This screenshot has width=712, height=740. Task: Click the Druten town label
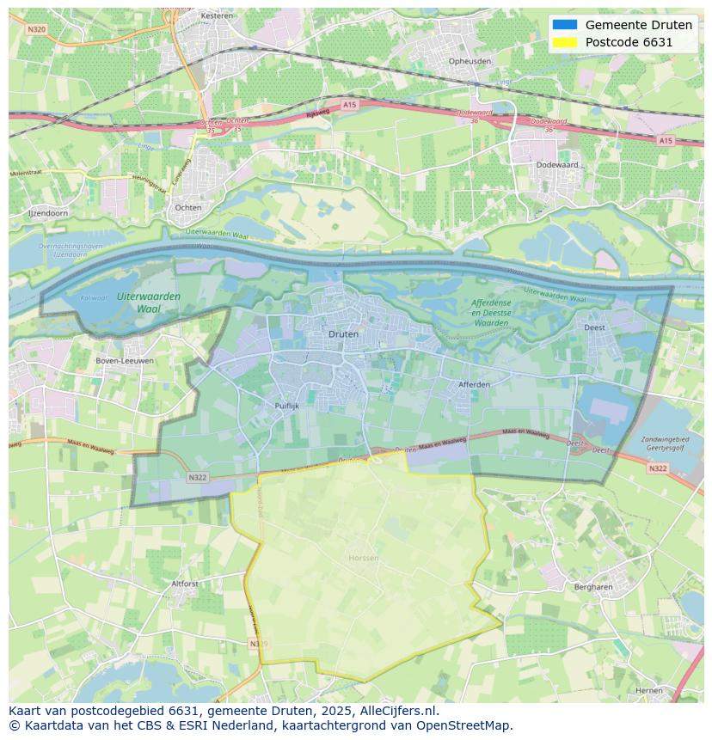click(x=343, y=333)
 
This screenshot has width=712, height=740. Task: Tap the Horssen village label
click(x=364, y=558)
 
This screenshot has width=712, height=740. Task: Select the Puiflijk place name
click(x=286, y=405)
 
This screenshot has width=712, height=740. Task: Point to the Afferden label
click(x=474, y=384)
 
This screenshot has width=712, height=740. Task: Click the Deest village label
click(x=594, y=327)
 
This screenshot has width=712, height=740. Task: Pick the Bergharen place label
click(x=593, y=587)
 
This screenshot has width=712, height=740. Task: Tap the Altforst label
click(x=185, y=584)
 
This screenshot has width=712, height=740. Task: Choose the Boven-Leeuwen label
click(x=126, y=361)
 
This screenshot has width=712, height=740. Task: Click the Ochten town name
click(x=188, y=207)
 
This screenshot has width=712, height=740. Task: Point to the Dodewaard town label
click(x=556, y=164)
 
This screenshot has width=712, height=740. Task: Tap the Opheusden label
click(x=470, y=61)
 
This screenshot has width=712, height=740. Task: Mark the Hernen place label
click(x=649, y=690)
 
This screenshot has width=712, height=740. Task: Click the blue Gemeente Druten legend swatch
click(x=565, y=25)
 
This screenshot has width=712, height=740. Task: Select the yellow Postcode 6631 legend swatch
click(x=565, y=42)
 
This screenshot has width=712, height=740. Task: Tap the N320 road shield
click(x=36, y=28)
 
